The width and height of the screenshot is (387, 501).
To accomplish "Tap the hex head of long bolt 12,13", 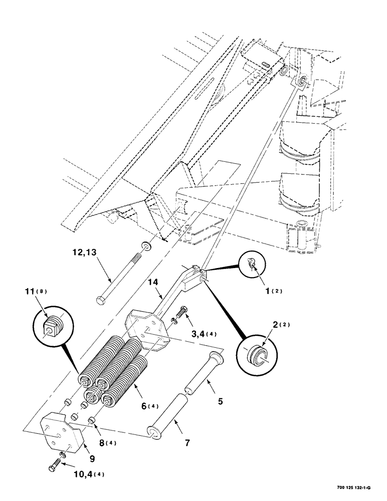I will tap(100, 302).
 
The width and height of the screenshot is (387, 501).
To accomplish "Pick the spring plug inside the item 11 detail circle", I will tap(52, 326).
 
